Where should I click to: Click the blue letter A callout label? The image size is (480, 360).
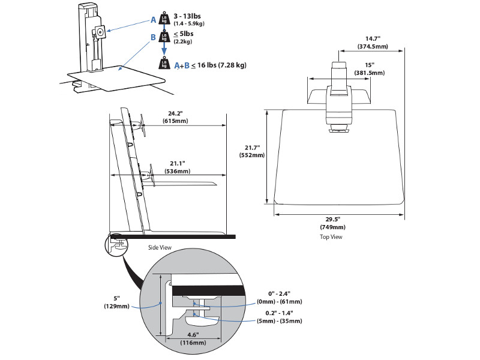pos(154,20)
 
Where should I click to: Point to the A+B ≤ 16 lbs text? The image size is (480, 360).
pos(210,65)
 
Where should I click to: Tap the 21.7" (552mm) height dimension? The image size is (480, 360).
pos(252,151)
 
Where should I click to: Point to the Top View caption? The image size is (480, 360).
pos(331,238)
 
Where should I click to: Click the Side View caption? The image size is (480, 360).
pos(160,247)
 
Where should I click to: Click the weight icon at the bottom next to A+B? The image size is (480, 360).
pos(163,64)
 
